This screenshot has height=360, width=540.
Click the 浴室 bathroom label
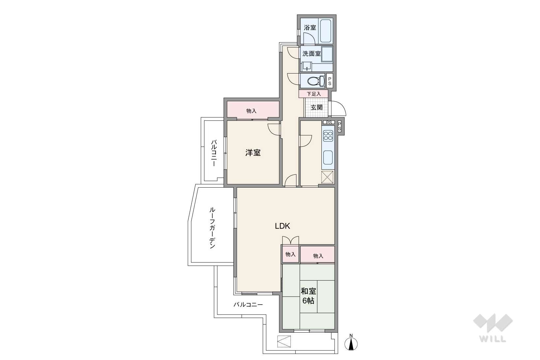(310, 27)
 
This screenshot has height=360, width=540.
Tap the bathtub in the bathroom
(325, 30)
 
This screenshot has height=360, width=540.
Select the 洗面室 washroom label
(312, 53)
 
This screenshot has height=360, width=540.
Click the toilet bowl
(316, 81)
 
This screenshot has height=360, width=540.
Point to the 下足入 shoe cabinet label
(314, 94)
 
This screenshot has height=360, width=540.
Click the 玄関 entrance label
(316, 107)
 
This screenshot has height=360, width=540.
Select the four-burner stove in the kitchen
(328, 136)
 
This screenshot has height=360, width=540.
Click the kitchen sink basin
(328, 157)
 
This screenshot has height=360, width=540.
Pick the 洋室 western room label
(253, 153)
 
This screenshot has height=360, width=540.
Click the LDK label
(283, 226)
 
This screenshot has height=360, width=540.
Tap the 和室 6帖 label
(308, 296)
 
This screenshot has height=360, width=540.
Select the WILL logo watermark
(493, 328)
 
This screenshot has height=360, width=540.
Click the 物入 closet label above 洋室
(251, 111)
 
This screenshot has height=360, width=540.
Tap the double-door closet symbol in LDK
(290, 240)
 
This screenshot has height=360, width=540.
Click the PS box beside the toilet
(330, 81)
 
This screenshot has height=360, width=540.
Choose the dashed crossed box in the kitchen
(327, 177)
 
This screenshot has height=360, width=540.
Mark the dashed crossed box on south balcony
(284, 341)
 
